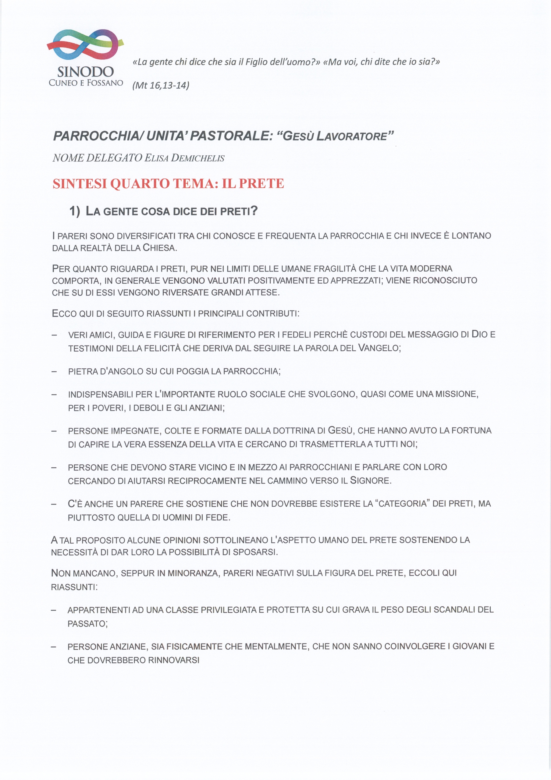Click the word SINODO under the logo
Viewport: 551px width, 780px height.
click(x=86, y=72)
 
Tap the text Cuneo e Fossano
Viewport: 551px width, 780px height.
click(x=86, y=83)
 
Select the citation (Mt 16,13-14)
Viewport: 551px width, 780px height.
click(x=160, y=85)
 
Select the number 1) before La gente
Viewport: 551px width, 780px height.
click(x=75, y=211)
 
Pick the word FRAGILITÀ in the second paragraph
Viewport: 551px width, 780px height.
click(x=335, y=269)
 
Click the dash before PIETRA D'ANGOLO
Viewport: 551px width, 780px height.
click(x=54, y=371)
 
